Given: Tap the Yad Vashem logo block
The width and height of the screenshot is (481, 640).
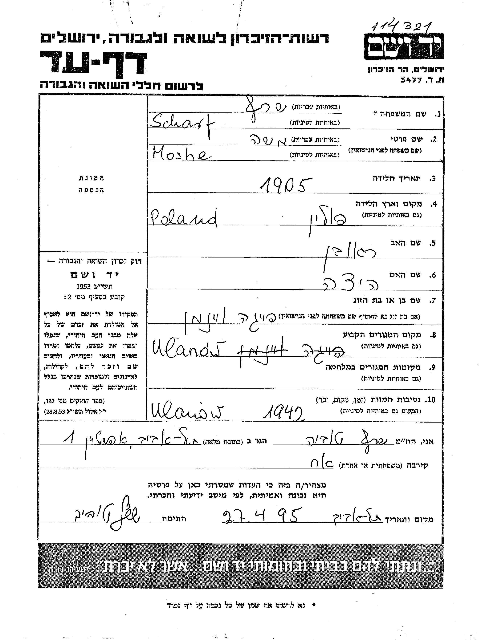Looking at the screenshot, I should pos(404,47).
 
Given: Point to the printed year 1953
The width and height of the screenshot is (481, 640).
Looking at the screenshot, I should pos(84,286).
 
